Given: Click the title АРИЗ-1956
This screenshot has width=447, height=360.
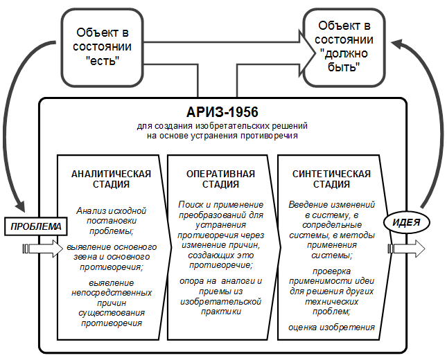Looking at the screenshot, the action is (222, 112).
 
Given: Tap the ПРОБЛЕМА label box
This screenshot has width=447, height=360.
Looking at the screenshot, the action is (36, 226).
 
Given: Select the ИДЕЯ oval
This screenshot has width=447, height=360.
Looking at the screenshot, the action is (406, 222).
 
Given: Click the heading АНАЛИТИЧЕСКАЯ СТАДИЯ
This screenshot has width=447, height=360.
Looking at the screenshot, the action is (111, 179).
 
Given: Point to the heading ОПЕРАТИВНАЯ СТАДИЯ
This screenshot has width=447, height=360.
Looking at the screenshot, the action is (220, 179).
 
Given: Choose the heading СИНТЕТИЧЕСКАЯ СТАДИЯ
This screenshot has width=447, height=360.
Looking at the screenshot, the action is (331, 179).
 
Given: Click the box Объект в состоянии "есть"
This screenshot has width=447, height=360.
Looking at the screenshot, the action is (102, 47).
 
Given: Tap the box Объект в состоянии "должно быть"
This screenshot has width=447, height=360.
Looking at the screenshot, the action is (344, 47).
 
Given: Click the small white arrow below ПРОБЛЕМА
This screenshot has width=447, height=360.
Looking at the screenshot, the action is (43, 249).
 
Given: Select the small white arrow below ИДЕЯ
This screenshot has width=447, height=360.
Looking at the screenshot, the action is (406, 249).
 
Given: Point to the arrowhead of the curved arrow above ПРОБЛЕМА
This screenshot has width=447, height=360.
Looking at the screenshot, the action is (20, 206).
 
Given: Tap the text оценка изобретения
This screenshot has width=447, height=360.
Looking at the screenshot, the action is (331, 327).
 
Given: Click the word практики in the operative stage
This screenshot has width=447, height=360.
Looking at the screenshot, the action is (221, 312).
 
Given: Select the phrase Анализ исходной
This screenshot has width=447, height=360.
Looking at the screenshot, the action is (111, 210).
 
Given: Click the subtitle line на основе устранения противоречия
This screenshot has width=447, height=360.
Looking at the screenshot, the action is (222, 136).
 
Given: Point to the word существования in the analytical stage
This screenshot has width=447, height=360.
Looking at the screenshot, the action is (112, 313).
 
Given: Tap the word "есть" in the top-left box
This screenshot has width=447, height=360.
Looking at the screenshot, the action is (103, 60).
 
